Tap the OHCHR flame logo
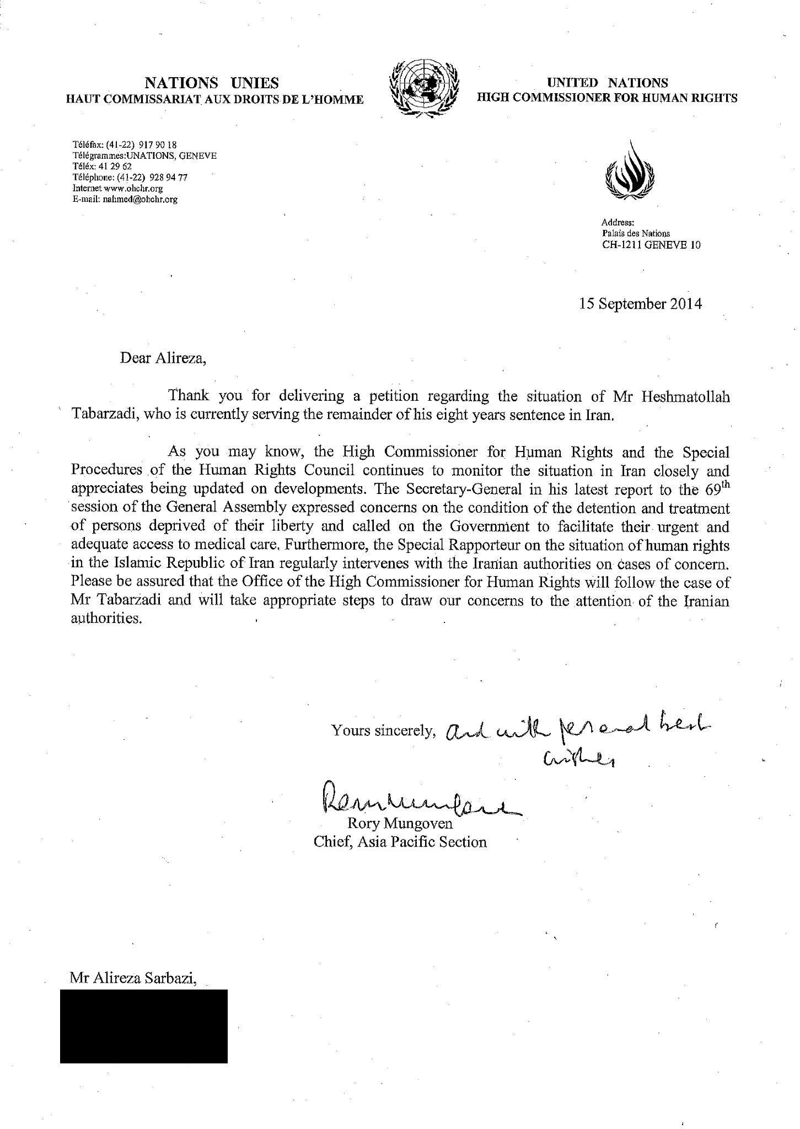631,171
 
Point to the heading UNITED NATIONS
607,83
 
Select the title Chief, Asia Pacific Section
400,842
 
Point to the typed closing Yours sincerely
383,731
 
